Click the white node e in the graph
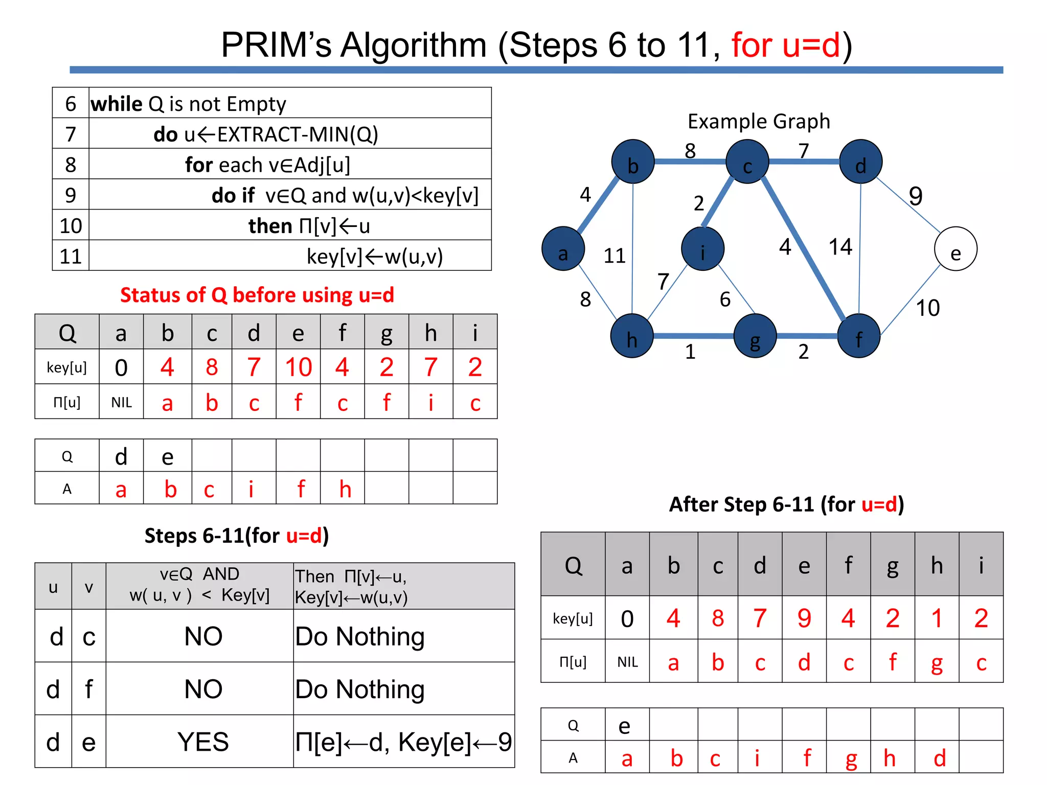tap(955, 249)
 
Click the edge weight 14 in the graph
tap(840, 247)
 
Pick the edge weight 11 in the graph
tap(614, 256)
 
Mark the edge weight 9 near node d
tap(915, 196)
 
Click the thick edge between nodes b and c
tap(690, 161)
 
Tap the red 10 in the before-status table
tap(299, 367)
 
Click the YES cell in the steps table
tap(203, 742)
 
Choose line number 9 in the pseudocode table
tap(71, 195)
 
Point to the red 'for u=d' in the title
tap(786, 45)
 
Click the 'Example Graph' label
tap(758, 122)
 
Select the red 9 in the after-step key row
tap(804, 618)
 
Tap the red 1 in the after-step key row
tap(937, 618)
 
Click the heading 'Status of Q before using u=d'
tap(257, 295)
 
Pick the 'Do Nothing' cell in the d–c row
tap(360, 636)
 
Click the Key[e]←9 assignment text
tap(454, 742)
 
